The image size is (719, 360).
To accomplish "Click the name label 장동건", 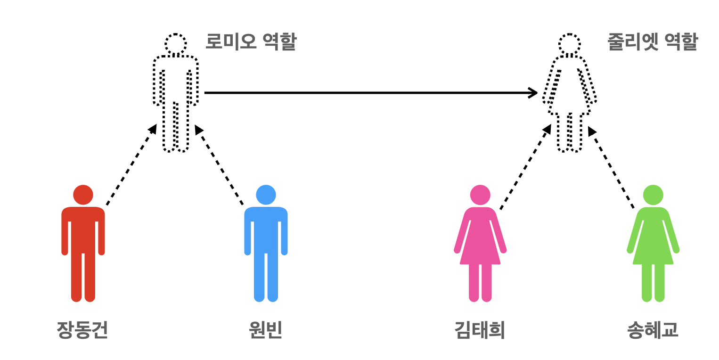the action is (x=82, y=330).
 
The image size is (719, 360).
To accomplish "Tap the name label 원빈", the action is (x=265, y=330).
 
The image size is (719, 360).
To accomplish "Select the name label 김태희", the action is (x=480, y=330).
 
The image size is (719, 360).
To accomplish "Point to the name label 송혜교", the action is (x=653, y=330).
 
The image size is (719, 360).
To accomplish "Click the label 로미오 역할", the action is (x=251, y=43).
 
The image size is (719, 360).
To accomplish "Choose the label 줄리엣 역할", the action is (x=653, y=43).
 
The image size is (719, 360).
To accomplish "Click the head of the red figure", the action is (x=83, y=195).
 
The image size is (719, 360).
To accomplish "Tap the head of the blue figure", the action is (x=266, y=195).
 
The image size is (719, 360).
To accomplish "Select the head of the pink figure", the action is (x=480, y=195).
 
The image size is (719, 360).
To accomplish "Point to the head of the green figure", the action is (x=653, y=195).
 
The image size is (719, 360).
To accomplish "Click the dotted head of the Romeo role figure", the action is (x=175, y=44).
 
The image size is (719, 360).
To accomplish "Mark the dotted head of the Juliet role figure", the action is (x=569, y=44).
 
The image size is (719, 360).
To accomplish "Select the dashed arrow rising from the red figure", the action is (x=131, y=165).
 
